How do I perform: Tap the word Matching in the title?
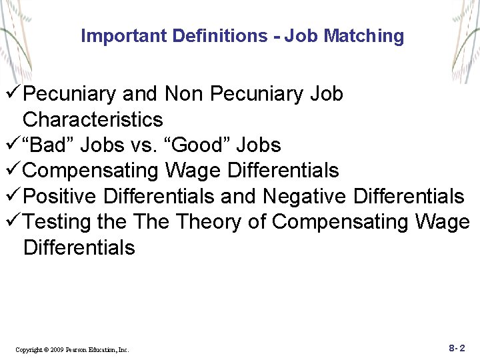point(363,36)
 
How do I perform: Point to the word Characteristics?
point(93,120)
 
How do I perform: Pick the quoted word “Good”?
point(201,145)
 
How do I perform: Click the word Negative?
point(305,196)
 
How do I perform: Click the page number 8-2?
point(457,347)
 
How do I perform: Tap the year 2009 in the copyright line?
point(59,349)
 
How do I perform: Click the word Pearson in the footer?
point(79,349)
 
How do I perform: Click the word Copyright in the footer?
point(29,349)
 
